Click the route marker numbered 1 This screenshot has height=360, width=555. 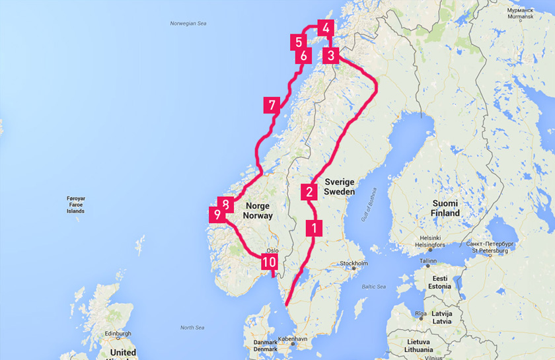[314, 229]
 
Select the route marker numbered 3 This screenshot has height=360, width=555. [331, 55]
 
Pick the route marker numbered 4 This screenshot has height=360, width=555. [325, 28]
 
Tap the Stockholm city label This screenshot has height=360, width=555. [353, 264]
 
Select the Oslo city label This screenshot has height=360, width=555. [273, 250]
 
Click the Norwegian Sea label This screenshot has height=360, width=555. [189, 24]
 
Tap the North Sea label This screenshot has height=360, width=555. [192, 328]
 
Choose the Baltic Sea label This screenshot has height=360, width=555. [373, 286]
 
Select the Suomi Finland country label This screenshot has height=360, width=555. [446, 208]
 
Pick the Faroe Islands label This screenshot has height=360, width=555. [76, 205]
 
